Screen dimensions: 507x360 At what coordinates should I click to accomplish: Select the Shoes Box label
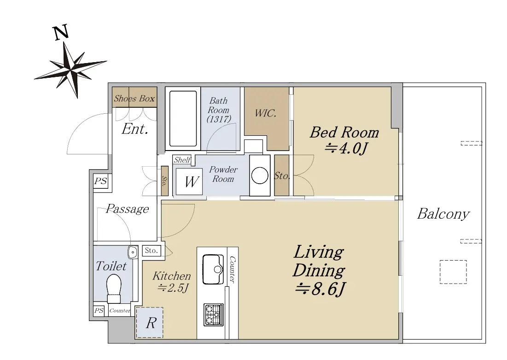click(x=134, y=98)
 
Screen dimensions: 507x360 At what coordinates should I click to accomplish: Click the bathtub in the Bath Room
click(x=183, y=119)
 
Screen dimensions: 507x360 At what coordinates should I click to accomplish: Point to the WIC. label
click(x=265, y=113)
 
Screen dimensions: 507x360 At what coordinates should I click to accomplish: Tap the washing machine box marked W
click(x=189, y=181)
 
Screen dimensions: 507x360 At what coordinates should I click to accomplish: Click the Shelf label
click(x=182, y=160)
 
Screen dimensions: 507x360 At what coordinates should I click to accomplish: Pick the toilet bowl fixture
click(x=113, y=289)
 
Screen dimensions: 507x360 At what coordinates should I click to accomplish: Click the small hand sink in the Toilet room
click(x=132, y=252)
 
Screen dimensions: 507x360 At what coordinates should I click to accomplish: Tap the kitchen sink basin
click(x=213, y=269)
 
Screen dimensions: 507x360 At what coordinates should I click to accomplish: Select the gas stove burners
click(x=213, y=314)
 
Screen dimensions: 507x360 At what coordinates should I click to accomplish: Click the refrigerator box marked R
click(x=150, y=323)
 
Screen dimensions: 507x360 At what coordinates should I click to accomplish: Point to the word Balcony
click(x=443, y=214)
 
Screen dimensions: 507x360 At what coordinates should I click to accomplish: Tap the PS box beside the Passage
click(x=100, y=181)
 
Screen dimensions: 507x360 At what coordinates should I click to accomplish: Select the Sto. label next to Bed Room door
click(x=282, y=176)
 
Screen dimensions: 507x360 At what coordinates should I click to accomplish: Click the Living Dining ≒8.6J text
click(x=319, y=271)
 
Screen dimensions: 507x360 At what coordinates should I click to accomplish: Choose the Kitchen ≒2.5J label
click(x=172, y=281)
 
